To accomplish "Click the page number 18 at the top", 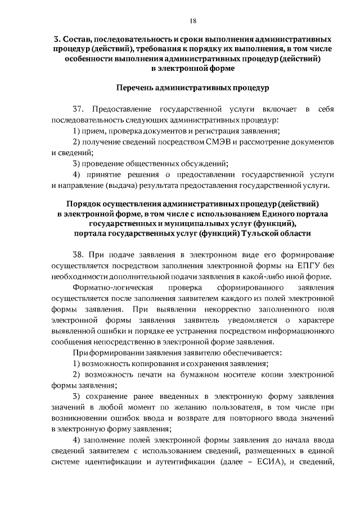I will pos(193,21).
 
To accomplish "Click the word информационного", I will pos(297,331).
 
